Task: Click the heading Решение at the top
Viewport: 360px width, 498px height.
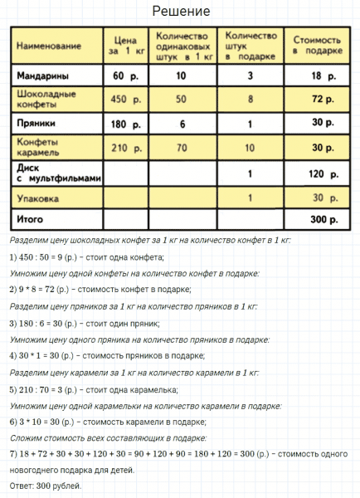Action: pyautogui.click(x=181, y=12)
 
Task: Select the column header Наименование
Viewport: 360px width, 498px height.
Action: pyautogui.click(x=49, y=44)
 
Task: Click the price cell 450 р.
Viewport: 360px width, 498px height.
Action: pyautogui.click(x=123, y=100)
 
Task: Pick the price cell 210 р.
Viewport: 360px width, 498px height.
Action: pyautogui.click(x=123, y=149)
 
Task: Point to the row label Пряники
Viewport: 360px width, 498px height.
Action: pyautogui.click(x=36, y=124)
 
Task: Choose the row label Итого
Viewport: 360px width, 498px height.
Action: pyautogui.click(x=31, y=220)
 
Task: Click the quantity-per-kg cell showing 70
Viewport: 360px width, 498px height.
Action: pyautogui.click(x=181, y=149)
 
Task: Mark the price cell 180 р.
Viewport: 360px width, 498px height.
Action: pyautogui.click(x=123, y=124)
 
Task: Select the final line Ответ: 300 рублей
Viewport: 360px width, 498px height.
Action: pyautogui.click(x=46, y=486)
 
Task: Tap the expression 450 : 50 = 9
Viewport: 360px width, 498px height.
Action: pyautogui.click(x=46, y=256)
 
